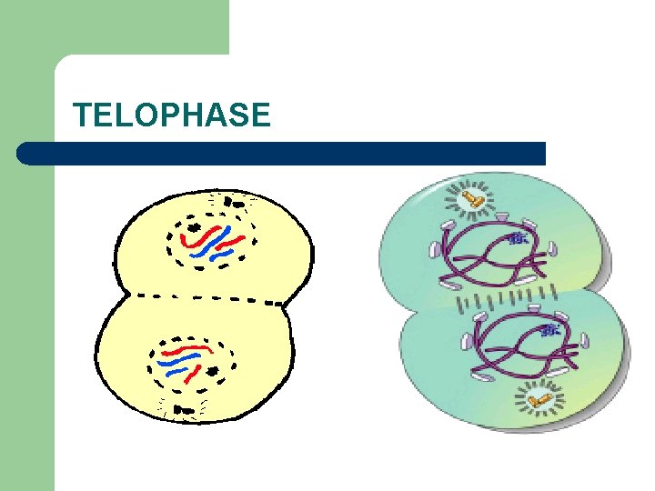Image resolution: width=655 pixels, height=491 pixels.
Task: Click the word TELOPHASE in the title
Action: (172, 115)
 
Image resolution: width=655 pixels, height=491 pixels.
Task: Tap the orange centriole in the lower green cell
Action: (539, 397)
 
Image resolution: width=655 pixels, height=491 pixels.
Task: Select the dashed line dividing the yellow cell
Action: (209, 297)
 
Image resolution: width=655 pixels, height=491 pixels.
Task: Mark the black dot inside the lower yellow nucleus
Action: (214, 372)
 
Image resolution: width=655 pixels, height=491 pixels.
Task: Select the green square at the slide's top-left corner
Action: (114, 27)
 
